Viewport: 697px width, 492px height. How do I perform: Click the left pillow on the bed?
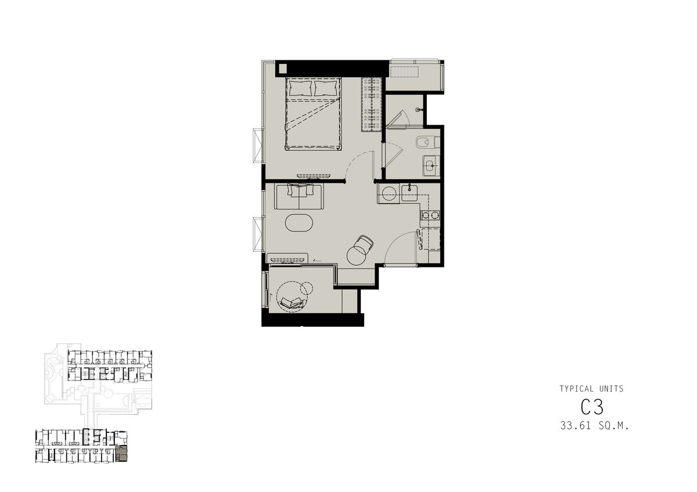(300, 88)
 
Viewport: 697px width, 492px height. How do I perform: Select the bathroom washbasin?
(430, 167)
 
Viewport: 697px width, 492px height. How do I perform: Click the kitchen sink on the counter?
(410, 193)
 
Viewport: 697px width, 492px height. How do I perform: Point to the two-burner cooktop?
(430, 215)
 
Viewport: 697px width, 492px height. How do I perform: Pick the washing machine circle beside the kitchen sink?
(389, 193)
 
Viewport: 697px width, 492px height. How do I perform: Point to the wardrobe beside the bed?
(371, 105)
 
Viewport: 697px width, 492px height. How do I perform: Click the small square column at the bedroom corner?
(282, 68)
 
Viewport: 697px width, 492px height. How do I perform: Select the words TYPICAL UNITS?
(591, 389)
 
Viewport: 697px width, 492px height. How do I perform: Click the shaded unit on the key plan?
(121, 454)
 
